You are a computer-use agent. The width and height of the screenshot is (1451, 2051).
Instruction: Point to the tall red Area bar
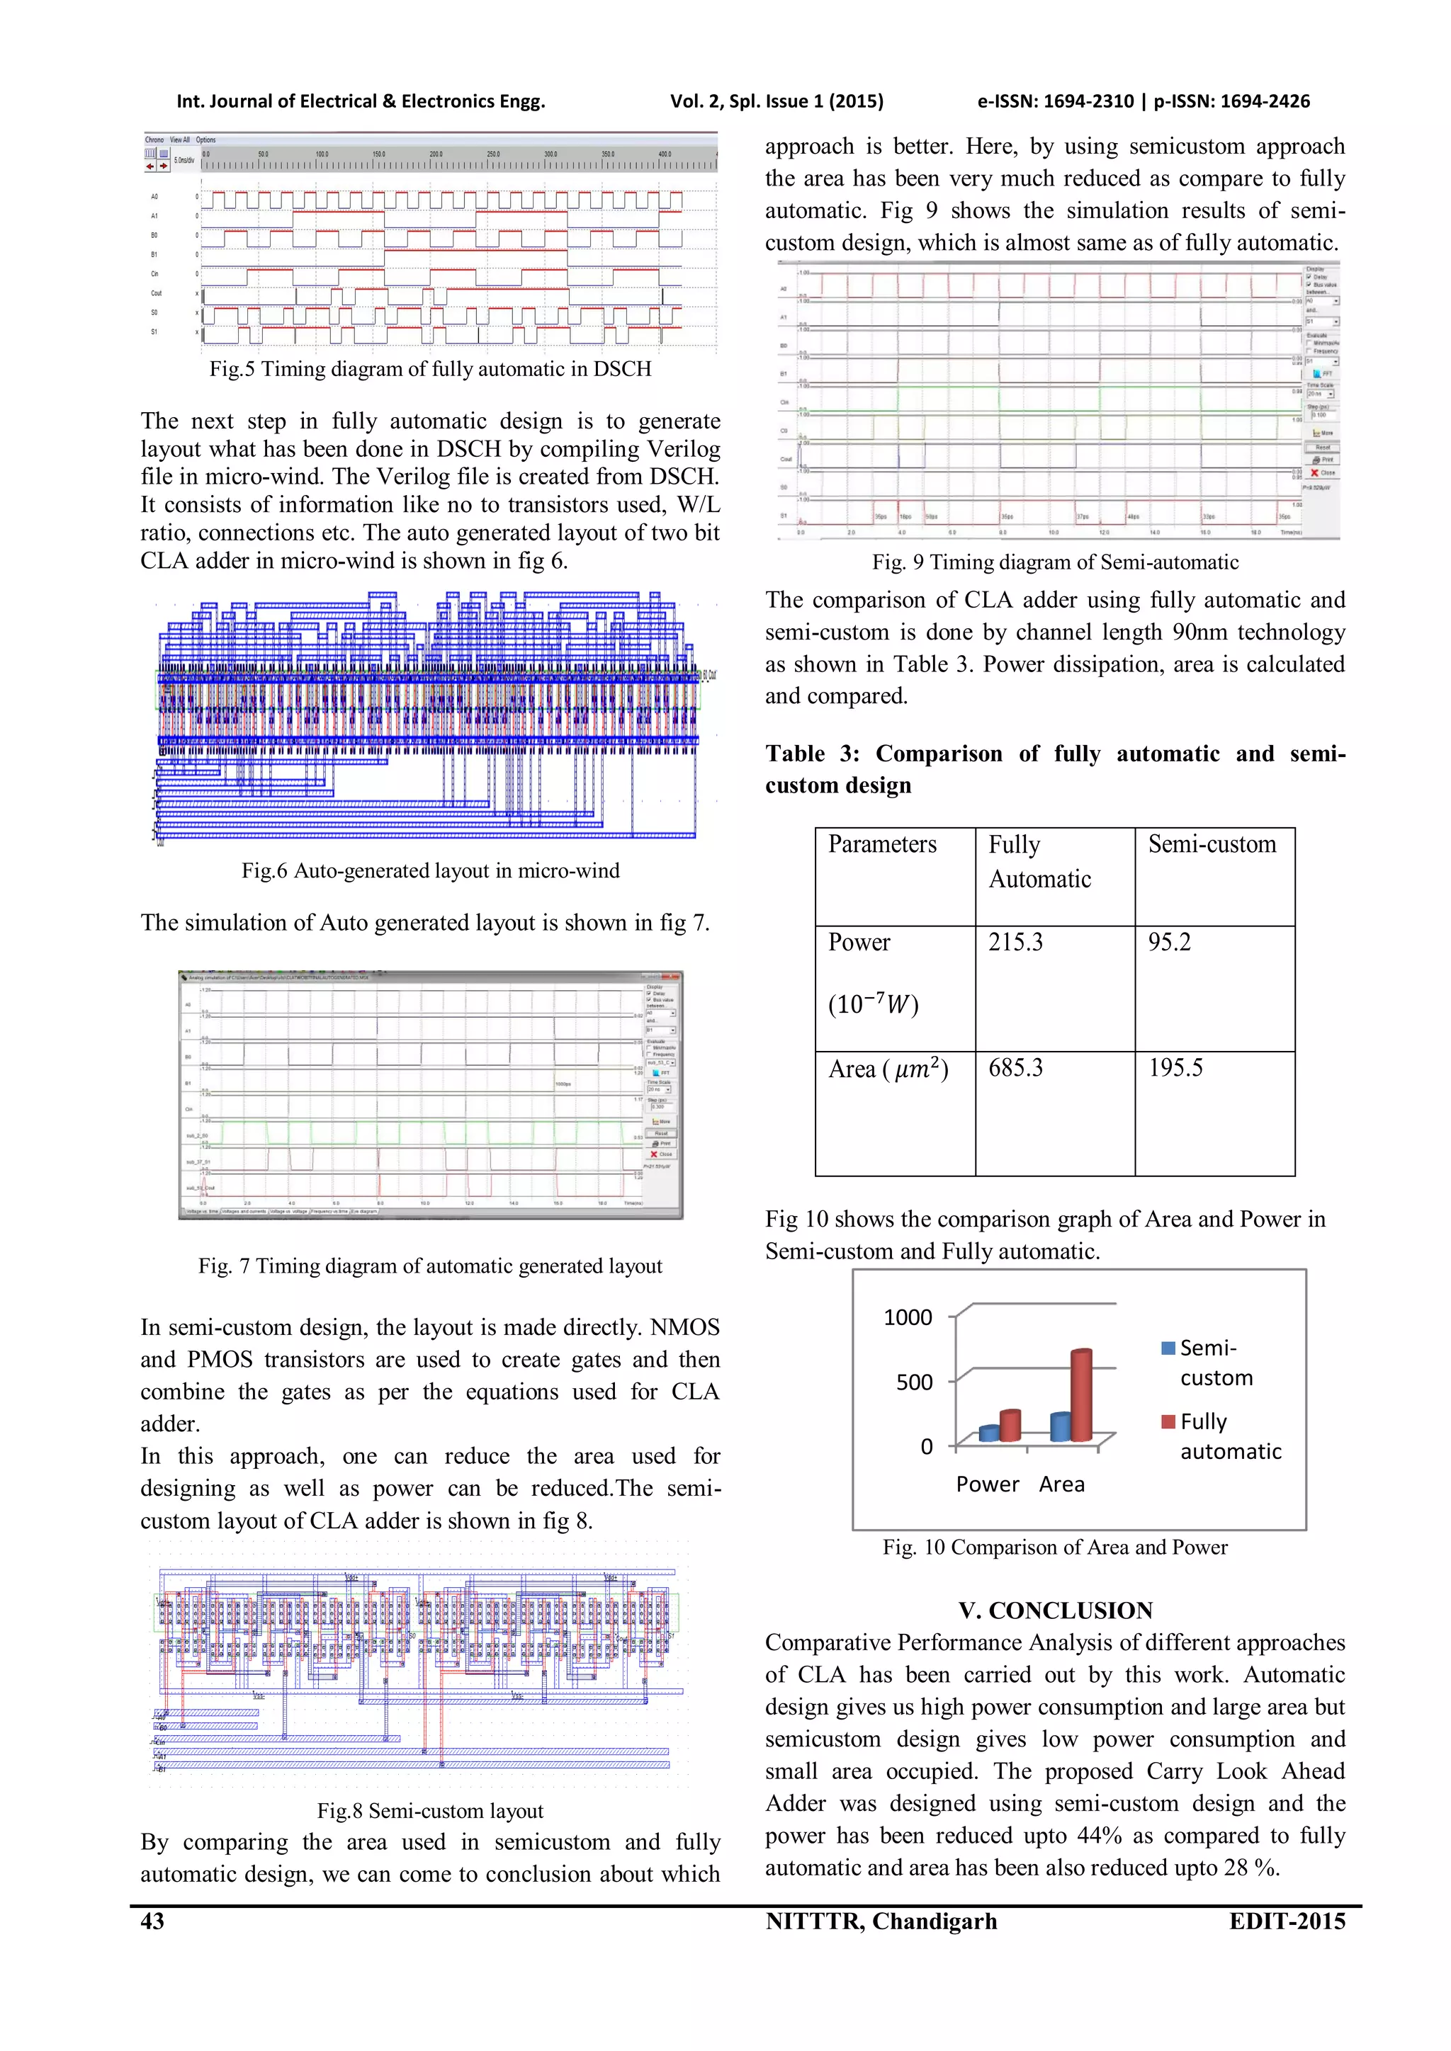pos(1081,1395)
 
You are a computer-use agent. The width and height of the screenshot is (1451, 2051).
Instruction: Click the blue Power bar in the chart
pos(988,1433)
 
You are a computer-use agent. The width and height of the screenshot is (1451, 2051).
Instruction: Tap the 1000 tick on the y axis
pos(908,1317)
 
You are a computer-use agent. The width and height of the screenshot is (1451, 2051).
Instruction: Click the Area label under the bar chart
pos(1061,1484)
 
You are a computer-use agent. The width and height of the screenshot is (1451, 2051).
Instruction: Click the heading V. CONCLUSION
pos(1055,1610)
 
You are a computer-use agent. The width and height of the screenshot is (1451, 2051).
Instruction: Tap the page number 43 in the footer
pos(153,1921)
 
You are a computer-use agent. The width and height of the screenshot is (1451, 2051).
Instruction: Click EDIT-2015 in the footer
pos(1287,1921)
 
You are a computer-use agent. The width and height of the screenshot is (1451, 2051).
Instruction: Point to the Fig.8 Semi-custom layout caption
pos(430,1811)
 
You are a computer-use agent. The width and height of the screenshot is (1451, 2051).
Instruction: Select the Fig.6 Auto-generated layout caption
pos(430,871)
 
